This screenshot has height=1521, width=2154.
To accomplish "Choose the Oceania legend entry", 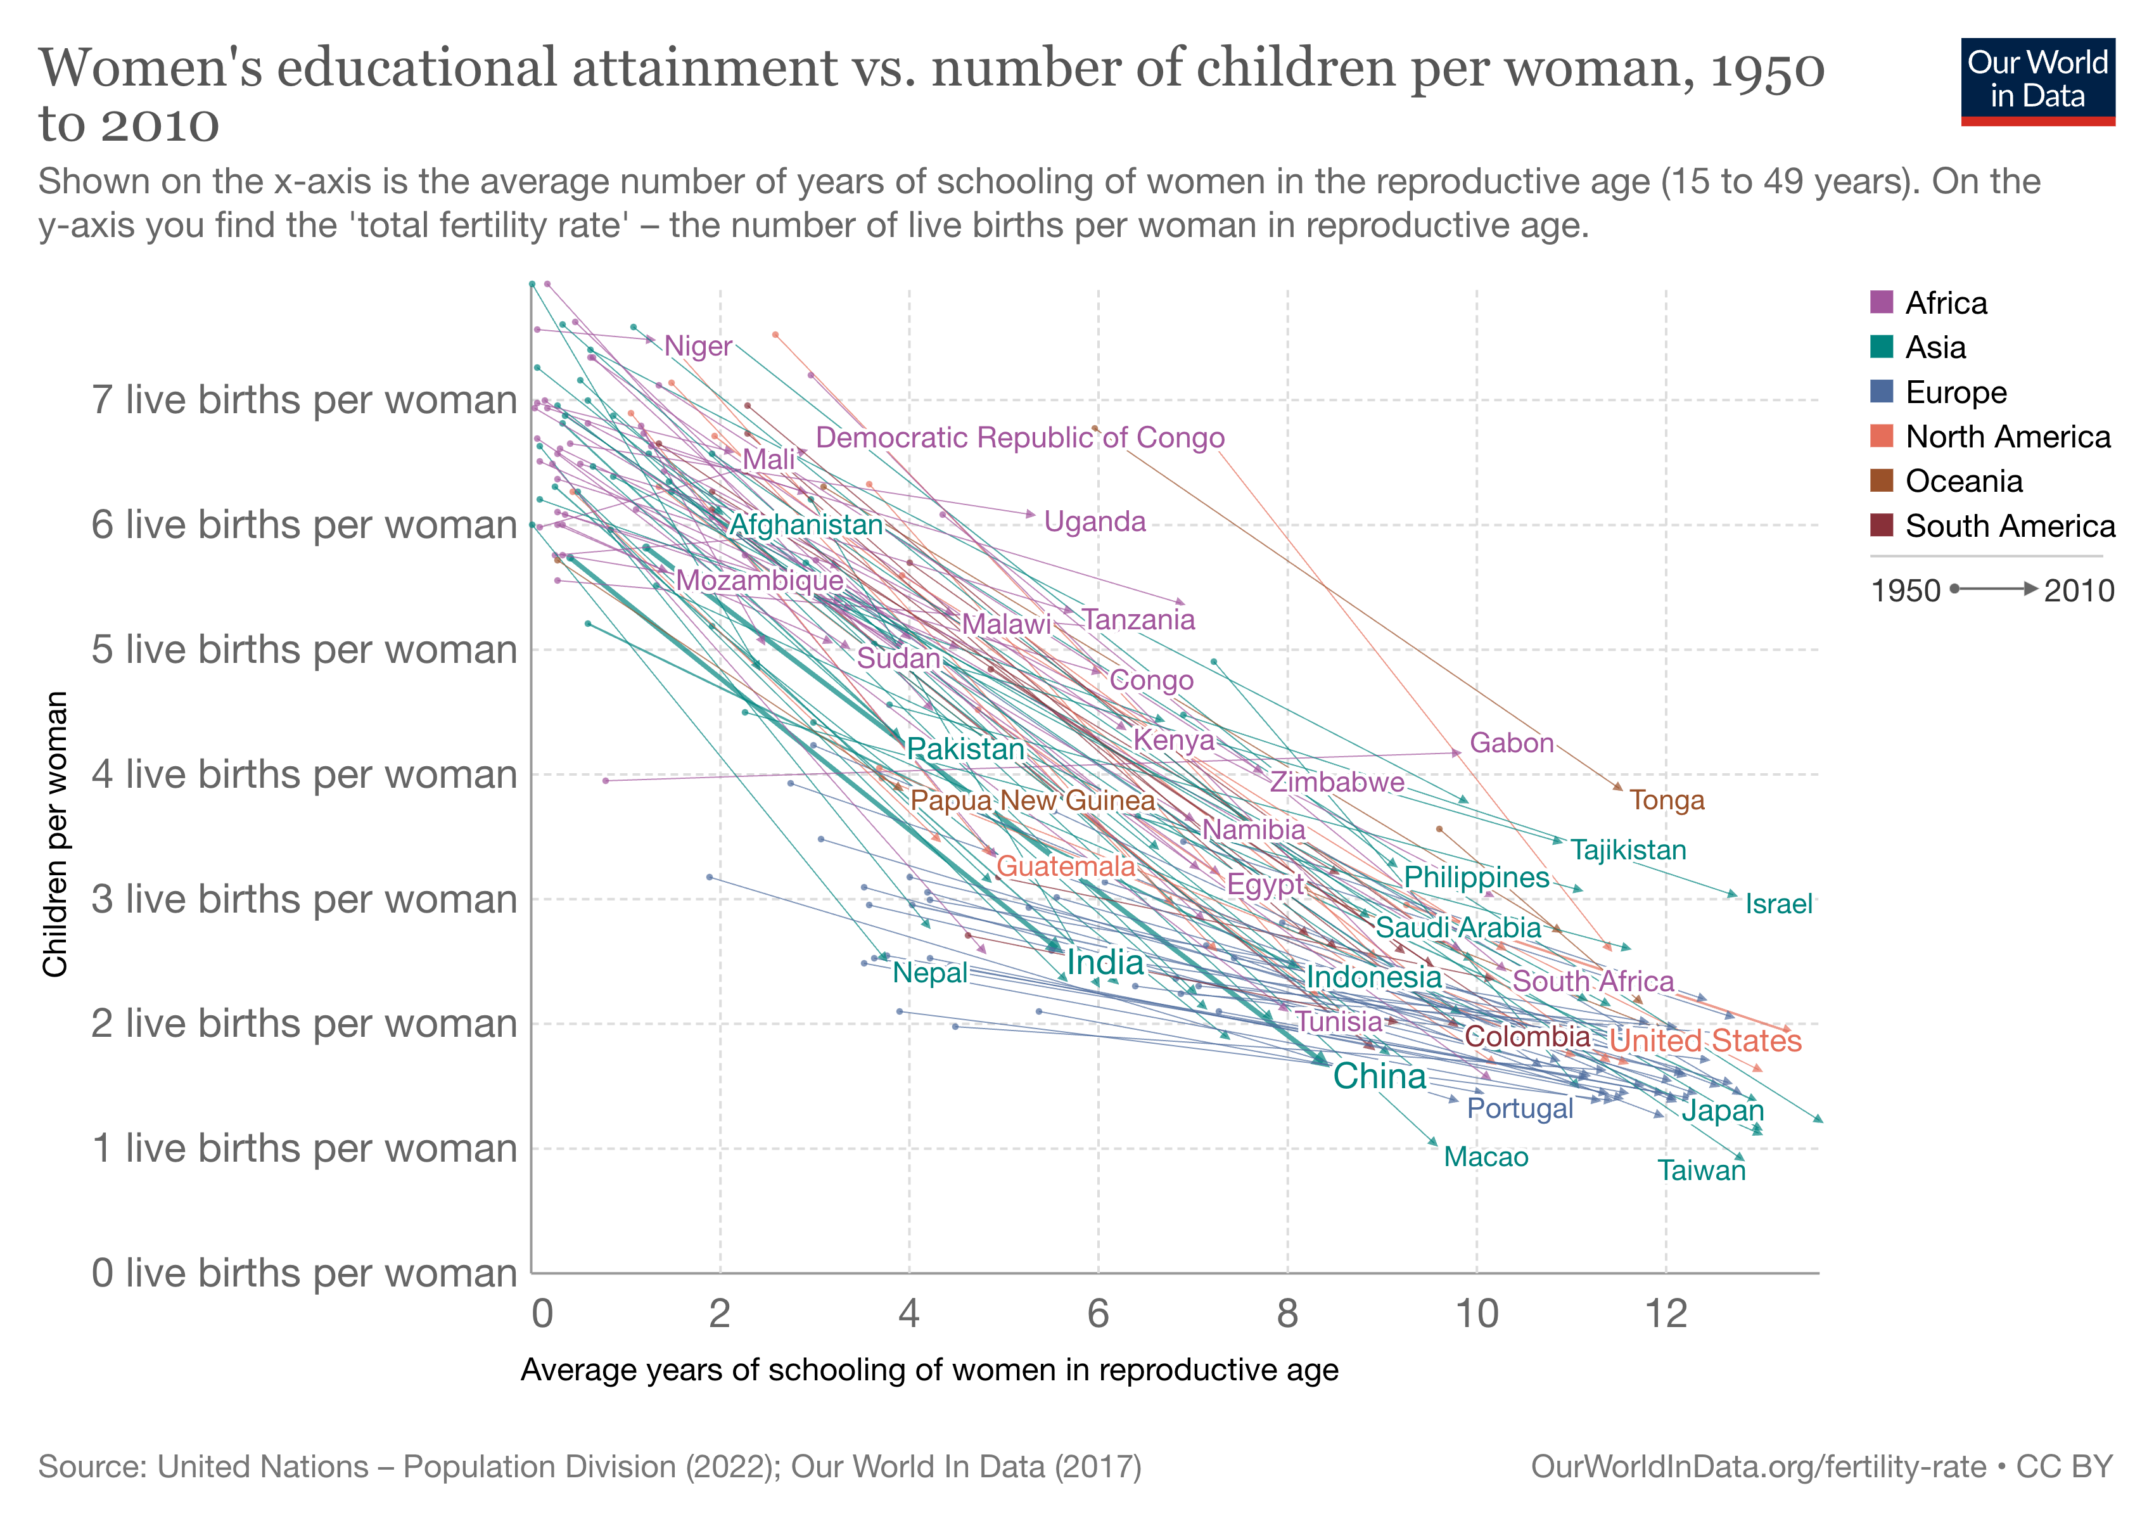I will (1963, 482).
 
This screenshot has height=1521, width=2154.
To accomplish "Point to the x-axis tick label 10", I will (1477, 1314).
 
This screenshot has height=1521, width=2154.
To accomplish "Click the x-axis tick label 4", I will (908, 1314).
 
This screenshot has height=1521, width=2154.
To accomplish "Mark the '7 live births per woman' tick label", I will (304, 400).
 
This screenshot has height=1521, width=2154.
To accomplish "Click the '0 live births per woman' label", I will (304, 1273).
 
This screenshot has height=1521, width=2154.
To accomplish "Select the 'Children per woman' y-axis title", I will (55, 834).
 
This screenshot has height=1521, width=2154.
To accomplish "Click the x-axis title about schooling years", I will (929, 1370).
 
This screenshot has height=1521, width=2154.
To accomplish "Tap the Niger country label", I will (698, 346).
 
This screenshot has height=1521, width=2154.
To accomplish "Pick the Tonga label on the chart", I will (1666, 800).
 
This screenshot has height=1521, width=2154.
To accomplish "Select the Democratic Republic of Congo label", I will (1020, 437).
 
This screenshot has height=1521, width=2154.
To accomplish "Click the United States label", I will (1705, 1041).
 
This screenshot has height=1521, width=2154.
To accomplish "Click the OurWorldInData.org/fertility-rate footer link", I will (1757, 1466).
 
